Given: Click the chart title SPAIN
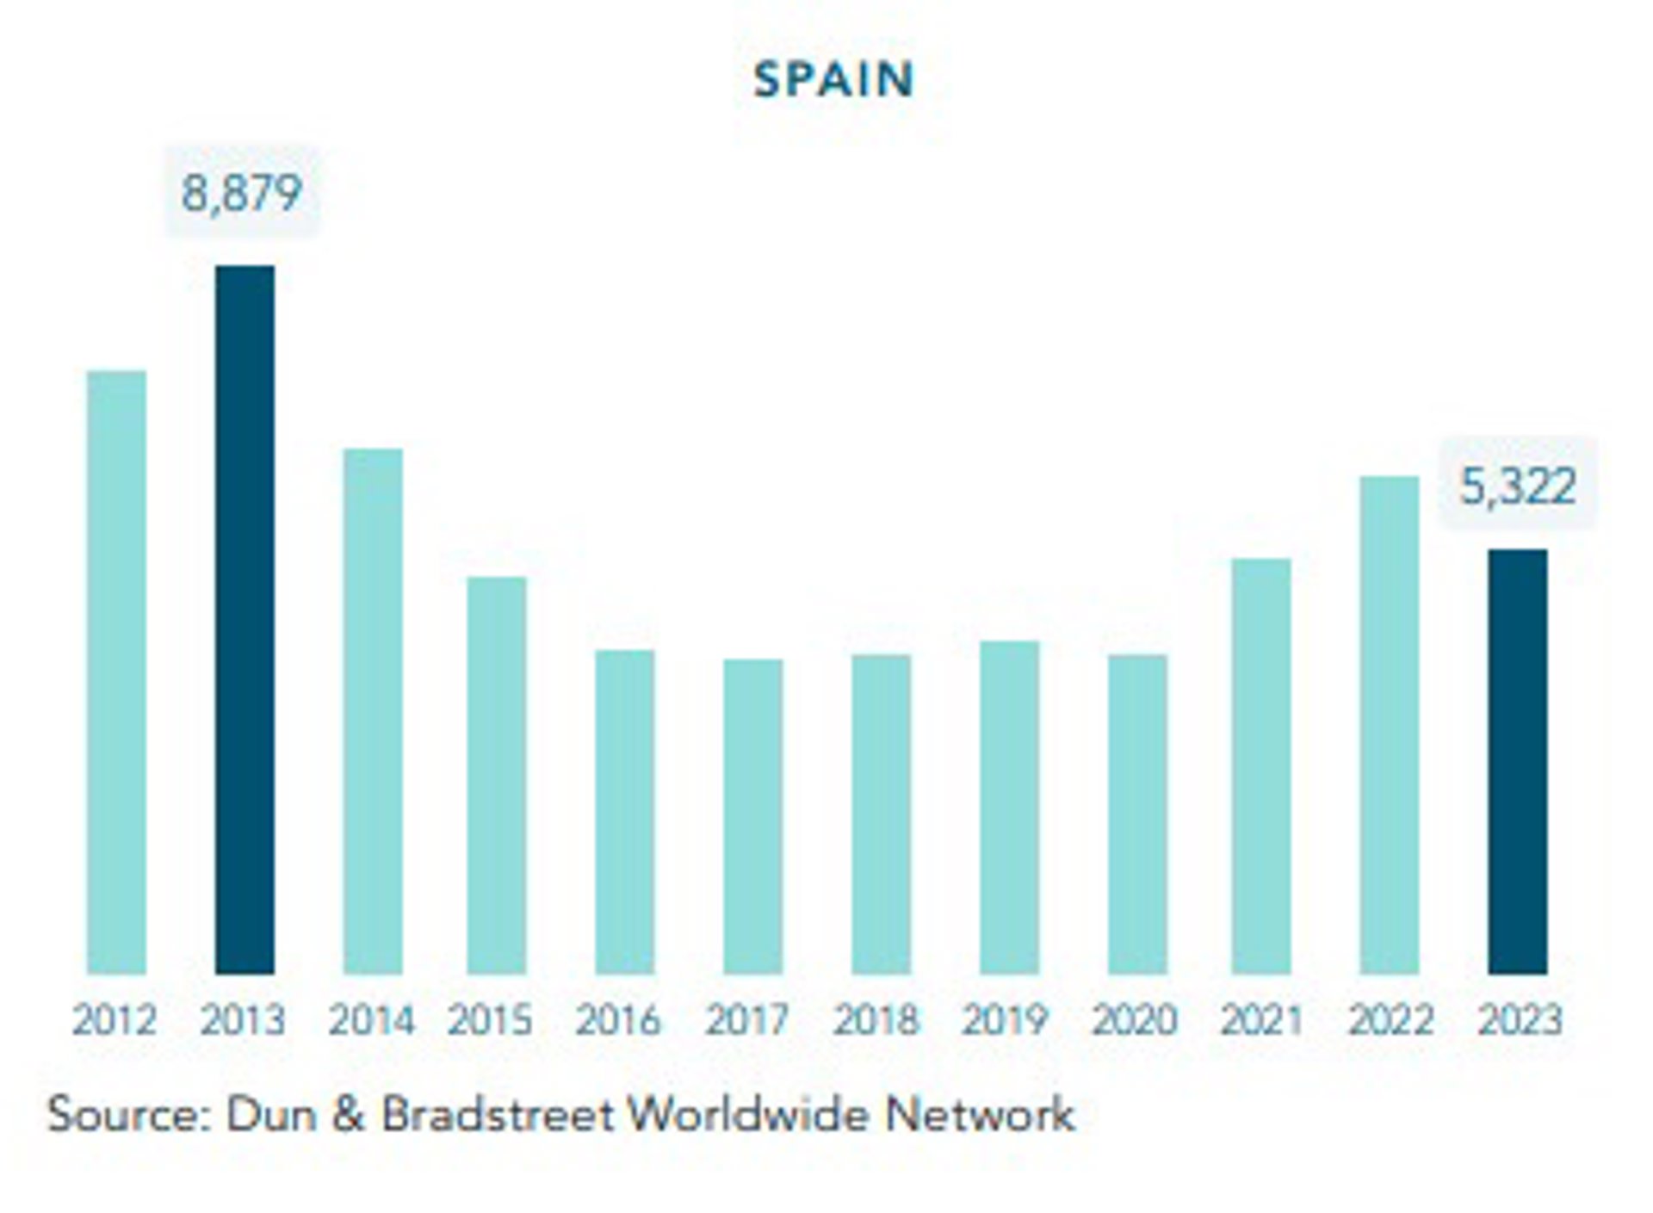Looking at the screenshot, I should [x=833, y=80].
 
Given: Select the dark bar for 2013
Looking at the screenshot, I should [x=245, y=620].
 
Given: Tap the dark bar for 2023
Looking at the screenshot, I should [x=1517, y=762].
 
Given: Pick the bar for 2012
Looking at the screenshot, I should [x=116, y=671].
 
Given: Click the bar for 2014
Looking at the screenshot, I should [x=372, y=711].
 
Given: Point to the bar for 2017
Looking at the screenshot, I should [x=752, y=816].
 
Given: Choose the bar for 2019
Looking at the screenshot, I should [x=1009, y=808].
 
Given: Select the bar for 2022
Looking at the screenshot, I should [x=1389, y=725].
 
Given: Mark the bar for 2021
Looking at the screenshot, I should [x=1260, y=766].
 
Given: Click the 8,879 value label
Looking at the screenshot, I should [x=242, y=192].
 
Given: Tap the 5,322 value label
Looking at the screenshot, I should [x=1518, y=486].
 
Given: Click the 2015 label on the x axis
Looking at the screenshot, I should [x=490, y=1021].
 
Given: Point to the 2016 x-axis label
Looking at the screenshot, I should [x=618, y=1021].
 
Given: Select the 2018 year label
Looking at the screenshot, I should [x=876, y=1021].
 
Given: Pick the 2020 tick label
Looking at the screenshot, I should [x=1134, y=1021].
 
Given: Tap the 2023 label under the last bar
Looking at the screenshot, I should [x=1519, y=1021].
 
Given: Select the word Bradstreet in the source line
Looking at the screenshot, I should [x=498, y=1115].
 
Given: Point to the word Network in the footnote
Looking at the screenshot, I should [x=980, y=1115].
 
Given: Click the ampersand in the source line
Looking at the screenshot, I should [x=347, y=1115].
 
